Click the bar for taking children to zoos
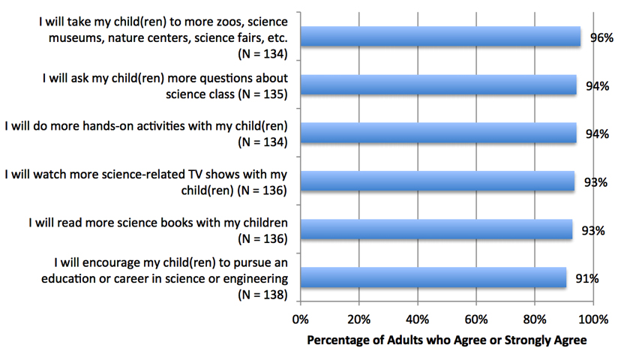440,37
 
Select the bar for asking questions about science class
438,85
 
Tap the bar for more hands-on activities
438,133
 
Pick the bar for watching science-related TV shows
437,181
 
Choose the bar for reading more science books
436,229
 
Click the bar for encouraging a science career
433,277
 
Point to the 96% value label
601,37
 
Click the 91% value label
587,278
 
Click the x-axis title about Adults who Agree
447,340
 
